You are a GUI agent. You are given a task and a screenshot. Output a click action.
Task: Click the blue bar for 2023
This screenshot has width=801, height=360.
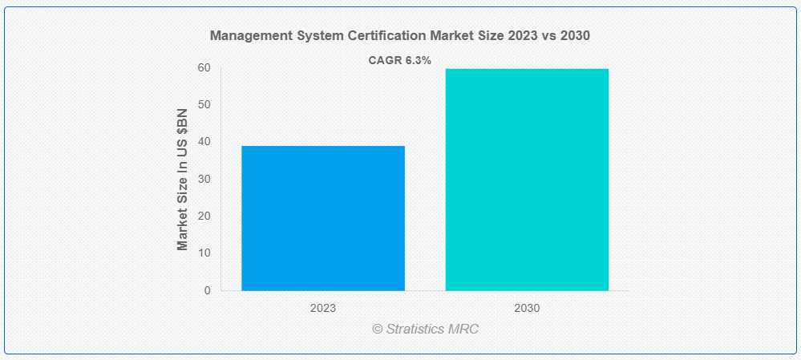coord(322,218)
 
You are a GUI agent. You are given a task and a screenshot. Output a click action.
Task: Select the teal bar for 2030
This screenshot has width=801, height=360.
coord(527,180)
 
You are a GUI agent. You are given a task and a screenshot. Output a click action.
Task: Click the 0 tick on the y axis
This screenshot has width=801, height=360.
coord(207,290)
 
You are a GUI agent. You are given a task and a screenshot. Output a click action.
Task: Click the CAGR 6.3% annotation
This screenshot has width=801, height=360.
coord(399,60)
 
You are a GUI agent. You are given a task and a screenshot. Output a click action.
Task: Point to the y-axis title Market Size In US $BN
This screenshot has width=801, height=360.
coord(183,179)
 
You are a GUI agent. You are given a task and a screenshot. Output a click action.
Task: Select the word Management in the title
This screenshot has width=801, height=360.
coord(246,36)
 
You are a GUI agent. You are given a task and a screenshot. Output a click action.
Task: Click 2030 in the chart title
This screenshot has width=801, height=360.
coord(576,36)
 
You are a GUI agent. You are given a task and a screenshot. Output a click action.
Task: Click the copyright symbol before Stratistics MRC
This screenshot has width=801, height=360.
coord(377,330)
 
